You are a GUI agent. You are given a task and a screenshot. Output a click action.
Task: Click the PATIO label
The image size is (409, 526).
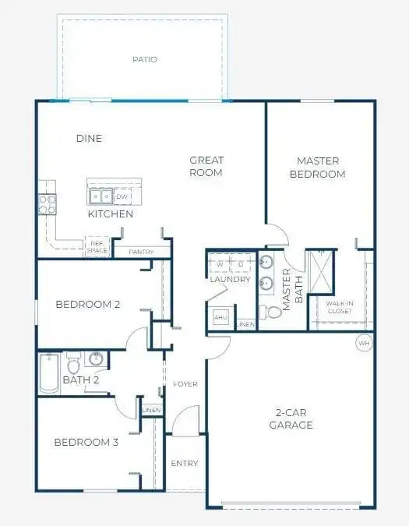(145, 59)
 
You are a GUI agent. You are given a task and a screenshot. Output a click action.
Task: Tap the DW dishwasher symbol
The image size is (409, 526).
(122, 196)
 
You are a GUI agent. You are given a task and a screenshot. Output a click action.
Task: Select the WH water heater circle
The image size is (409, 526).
(364, 343)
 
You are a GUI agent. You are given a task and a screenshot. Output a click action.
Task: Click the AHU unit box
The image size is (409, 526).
(220, 317)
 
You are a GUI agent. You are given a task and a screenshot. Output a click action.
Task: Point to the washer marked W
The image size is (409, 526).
(220, 263)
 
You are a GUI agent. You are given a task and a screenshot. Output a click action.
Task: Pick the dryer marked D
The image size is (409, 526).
(241, 263)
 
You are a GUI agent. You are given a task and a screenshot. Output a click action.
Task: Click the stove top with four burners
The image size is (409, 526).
(47, 204)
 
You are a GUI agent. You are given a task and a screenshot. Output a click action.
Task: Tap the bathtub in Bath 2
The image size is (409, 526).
(49, 373)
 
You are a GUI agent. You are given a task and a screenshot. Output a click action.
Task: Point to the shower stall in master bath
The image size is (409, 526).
(321, 272)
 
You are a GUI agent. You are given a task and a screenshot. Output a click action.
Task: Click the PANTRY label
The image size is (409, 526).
(141, 252)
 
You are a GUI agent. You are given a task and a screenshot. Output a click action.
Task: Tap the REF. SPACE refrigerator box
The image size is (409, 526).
(97, 247)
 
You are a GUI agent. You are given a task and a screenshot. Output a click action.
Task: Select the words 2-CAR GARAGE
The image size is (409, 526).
(291, 418)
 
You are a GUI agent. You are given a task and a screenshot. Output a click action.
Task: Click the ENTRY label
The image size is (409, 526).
(185, 463)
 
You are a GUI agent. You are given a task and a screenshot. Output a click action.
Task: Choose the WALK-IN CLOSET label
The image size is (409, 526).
(340, 307)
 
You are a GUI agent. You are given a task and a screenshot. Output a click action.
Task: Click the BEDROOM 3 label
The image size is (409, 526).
(86, 442)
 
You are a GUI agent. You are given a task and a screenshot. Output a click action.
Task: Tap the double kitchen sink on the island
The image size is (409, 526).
(100, 196)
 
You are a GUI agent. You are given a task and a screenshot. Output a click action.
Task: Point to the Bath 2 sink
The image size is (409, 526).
(96, 358)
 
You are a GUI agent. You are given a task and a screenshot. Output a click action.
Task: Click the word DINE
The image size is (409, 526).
(89, 138)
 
